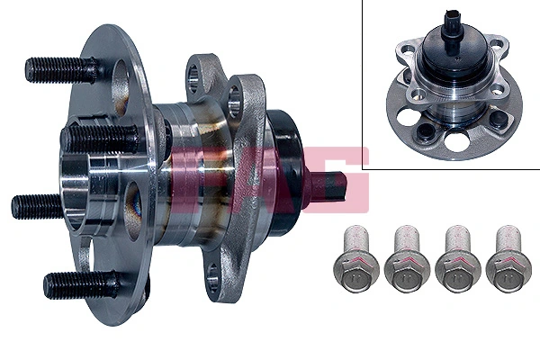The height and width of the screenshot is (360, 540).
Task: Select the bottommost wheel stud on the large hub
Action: (x=76, y=284)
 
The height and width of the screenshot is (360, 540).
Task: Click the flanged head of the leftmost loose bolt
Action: (x=352, y=270)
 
